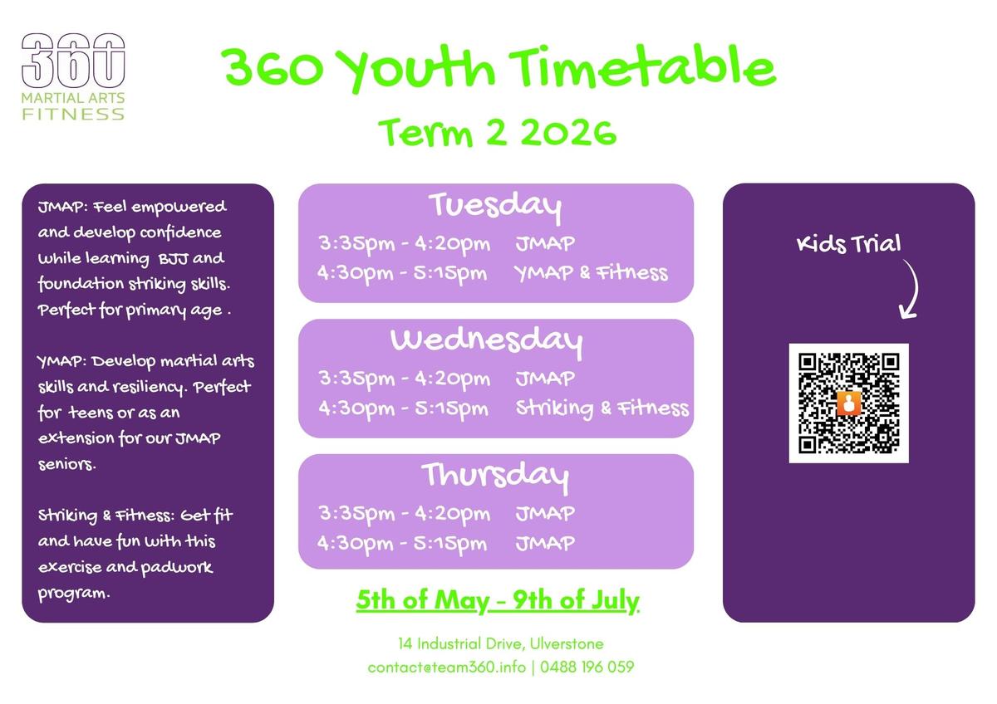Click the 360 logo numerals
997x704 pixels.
[x=73, y=61]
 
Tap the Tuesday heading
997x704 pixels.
[x=495, y=207]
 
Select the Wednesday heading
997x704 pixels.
[x=487, y=341]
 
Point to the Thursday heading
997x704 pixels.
[x=495, y=477]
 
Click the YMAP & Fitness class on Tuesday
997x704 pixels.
[x=591, y=273]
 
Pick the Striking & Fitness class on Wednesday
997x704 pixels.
[x=602, y=408]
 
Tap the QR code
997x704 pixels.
[x=849, y=403]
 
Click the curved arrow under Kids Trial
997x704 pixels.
[x=911, y=290]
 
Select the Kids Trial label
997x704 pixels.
[x=848, y=244]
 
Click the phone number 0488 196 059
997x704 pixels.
[x=587, y=667]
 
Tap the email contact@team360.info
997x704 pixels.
[x=446, y=667]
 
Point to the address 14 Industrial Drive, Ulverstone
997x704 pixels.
[x=501, y=643]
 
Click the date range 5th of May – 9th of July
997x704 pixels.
[x=498, y=601]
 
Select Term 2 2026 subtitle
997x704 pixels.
[x=497, y=132]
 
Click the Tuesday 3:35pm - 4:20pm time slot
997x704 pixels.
[x=404, y=244]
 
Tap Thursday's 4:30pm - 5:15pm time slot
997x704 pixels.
[x=402, y=544]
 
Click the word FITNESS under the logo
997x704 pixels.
[x=73, y=115]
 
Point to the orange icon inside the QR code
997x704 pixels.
[x=849, y=403]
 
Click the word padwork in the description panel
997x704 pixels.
[x=177, y=568]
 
